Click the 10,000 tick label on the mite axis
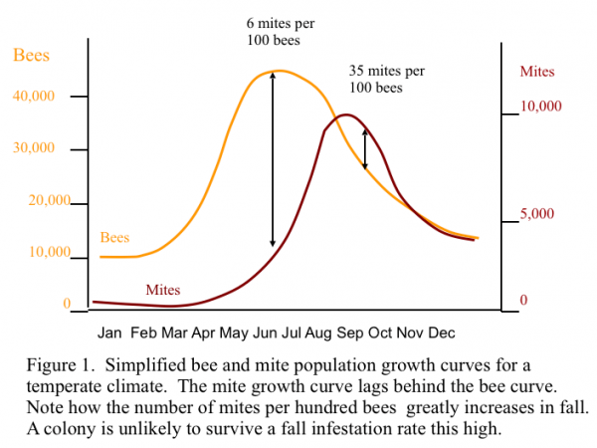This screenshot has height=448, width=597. click(x=542, y=107)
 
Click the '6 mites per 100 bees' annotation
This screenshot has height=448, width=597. click(x=274, y=31)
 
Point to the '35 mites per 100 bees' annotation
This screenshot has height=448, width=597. click(x=387, y=79)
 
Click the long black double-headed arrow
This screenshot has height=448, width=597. click(x=273, y=159)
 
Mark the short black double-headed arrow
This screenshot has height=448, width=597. click(x=365, y=149)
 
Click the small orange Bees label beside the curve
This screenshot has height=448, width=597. click(x=115, y=238)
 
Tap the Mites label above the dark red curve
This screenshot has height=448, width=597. click(x=163, y=290)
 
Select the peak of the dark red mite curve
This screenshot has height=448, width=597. click(x=345, y=115)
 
